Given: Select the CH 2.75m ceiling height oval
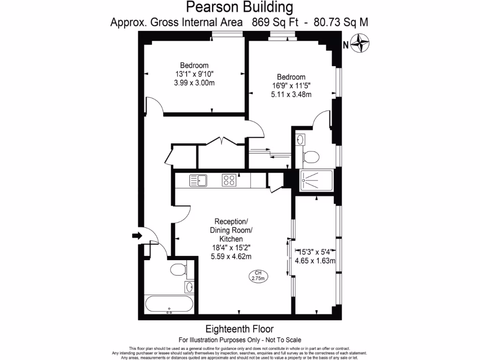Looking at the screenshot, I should tap(258, 276).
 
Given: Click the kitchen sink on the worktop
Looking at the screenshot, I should tap(198, 180).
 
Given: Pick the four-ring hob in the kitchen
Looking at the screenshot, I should tap(229, 180).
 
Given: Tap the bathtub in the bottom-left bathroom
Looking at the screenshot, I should tap(169, 304).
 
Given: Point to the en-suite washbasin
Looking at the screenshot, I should tap(300, 139).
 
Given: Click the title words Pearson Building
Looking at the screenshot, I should tap(240, 7).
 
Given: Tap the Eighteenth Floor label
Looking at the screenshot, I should tap(240, 329).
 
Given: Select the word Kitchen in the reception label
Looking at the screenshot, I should tap(233, 239).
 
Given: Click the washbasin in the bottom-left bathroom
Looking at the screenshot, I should tap(189, 286).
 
